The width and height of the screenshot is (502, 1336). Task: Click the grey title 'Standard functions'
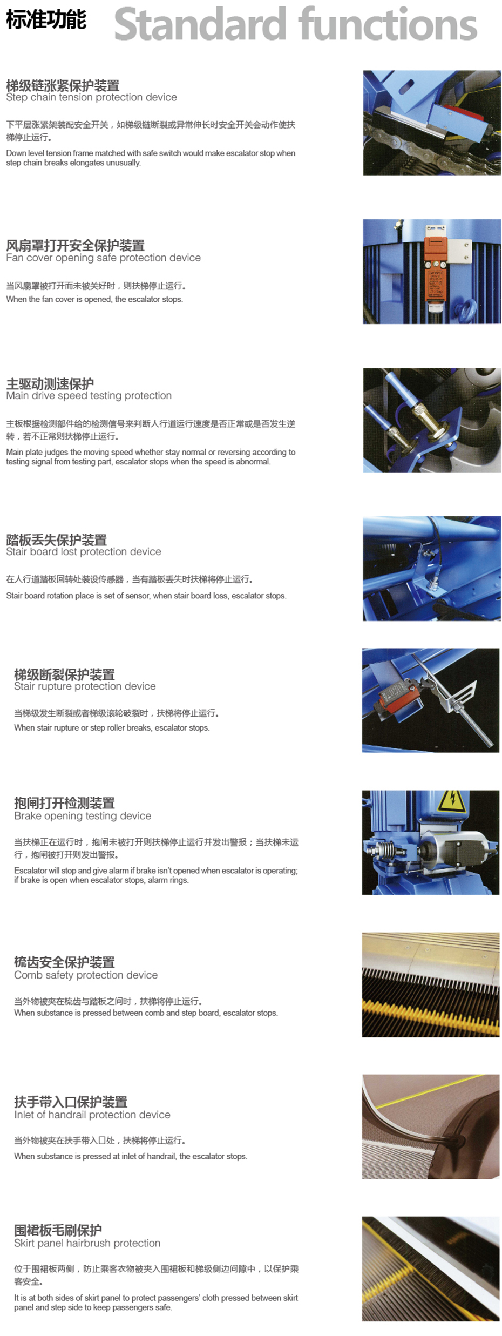coord(296,24)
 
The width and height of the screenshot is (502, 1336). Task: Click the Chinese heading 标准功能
coord(46,19)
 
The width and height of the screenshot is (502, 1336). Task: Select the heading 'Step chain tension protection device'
coord(91,97)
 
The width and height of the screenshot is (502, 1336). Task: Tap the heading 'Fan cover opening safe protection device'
coord(103,258)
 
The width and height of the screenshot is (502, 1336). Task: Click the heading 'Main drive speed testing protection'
coord(89,395)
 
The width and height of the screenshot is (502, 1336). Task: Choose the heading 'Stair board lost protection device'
coord(84,551)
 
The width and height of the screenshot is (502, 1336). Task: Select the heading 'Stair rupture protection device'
coord(85,686)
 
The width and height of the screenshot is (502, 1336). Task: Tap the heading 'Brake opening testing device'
coord(83,815)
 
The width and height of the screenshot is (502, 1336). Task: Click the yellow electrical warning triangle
coord(451,802)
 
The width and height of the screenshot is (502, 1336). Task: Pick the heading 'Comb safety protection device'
coord(86,975)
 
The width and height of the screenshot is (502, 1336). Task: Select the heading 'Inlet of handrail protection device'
coord(92,1115)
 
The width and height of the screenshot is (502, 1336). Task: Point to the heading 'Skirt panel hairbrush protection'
coord(87,1243)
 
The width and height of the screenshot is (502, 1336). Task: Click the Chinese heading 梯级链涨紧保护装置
coord(63,85)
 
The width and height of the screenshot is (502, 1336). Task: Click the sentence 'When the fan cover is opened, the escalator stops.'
coord(94,299)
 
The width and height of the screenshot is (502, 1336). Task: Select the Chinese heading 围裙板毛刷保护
coord(58,1230)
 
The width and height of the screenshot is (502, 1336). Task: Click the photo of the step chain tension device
coord(432,123)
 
